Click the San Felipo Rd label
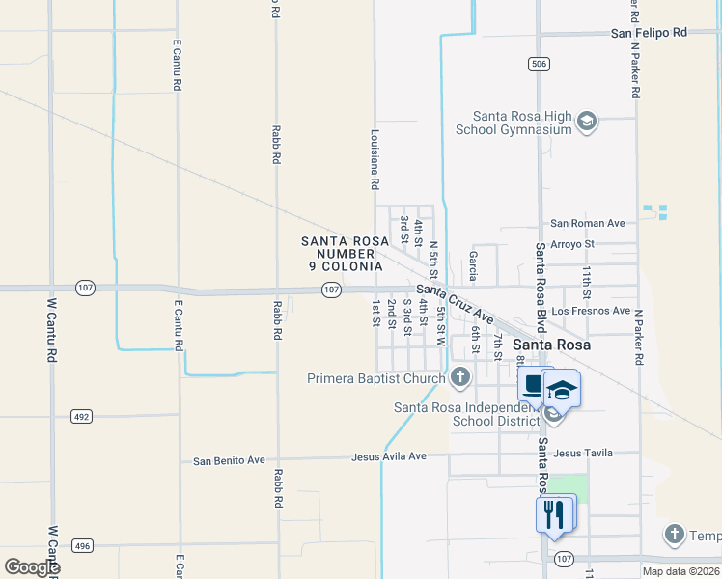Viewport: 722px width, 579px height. [x=648, y=33]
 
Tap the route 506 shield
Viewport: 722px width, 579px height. [x=539, y=64]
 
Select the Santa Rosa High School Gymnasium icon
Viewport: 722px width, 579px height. [x=586, y=122]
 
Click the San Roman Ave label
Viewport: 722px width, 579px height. [x=588, y=223]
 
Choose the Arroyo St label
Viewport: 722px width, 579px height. [x=572, y=244]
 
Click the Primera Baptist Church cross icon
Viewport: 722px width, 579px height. [x=460, y=377]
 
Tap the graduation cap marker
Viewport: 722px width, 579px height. [x=562, y=389]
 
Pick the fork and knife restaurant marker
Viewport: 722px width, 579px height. [x=554, y=513]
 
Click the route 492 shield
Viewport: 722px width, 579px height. [x=81, y=416]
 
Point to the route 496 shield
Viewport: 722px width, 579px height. [x=82, y=546]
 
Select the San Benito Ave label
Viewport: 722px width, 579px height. [x=229, y=460]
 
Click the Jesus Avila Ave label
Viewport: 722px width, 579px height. [x=389, y=456]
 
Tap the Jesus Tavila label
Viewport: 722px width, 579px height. [x=584, y=453]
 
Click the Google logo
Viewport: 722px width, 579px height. [x=32, y=567]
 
